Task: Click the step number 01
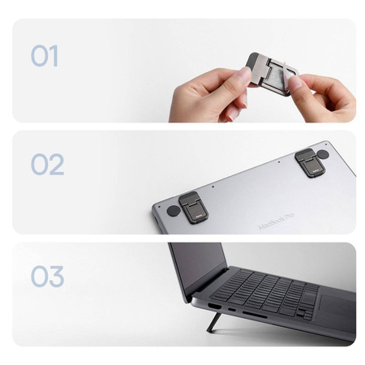[x=45, y=56]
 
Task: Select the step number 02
[x=47, y=165]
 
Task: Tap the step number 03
[x=47, y=276]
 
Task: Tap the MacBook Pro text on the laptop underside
[x=277, y=219]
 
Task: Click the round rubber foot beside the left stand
[x=173, y=211]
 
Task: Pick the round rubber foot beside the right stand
[x=323, y=153]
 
